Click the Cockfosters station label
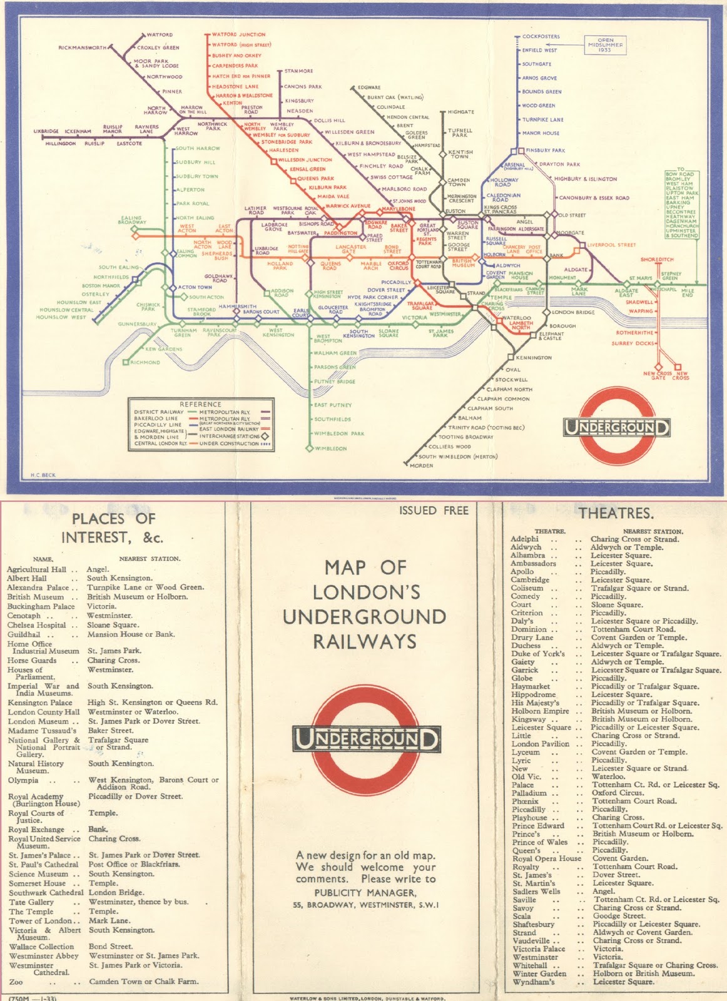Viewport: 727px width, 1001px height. click(x=541, y=36)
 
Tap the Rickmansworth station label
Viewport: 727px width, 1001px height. click(x=83, y=48)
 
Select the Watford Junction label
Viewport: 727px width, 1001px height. click(x=238, y=34)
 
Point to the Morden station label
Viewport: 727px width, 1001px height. click(x=421, y=465)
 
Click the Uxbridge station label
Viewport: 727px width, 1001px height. click(x=46, y=131)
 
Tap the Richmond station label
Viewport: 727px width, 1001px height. click(x=145, y=362)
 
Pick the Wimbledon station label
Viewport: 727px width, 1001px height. click(x=330, y=449)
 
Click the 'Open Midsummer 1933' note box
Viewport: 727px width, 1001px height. click(x=605, y=45)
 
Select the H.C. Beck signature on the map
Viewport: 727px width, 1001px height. click(x=43, y=475)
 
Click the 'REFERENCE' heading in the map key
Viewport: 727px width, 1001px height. click(x=200, y=404)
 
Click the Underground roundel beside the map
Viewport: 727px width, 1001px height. click(x=617, y=428)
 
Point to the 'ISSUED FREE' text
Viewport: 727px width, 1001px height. click(x=434, y=511)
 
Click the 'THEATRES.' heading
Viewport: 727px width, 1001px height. click(x=616, y=513)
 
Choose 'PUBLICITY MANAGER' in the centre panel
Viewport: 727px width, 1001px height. click(x=365, y=893)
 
